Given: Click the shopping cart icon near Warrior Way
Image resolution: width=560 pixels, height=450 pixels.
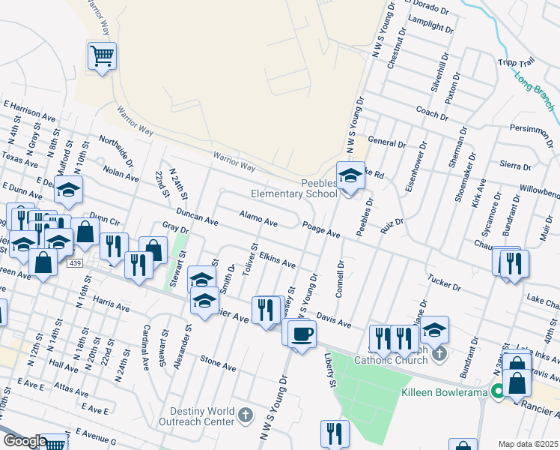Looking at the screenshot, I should pos(102,55).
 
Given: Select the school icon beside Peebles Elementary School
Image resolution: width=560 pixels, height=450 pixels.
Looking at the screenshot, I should pos(350,176).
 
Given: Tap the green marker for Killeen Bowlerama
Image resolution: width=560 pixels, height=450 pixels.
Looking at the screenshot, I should pos(496,391).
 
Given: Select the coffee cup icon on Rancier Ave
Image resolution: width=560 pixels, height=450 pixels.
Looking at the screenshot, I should pos(301,333).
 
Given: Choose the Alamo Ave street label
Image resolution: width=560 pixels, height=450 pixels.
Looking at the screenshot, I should pos(258,219).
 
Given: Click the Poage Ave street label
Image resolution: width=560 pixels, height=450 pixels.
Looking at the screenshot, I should pos(322,229).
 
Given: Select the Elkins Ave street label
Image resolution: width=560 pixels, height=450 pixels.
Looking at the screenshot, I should pos(277,261).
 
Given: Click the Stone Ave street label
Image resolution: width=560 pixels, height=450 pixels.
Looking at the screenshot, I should pos(218,364).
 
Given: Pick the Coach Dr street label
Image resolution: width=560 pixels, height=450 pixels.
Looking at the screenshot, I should pos(431,112).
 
